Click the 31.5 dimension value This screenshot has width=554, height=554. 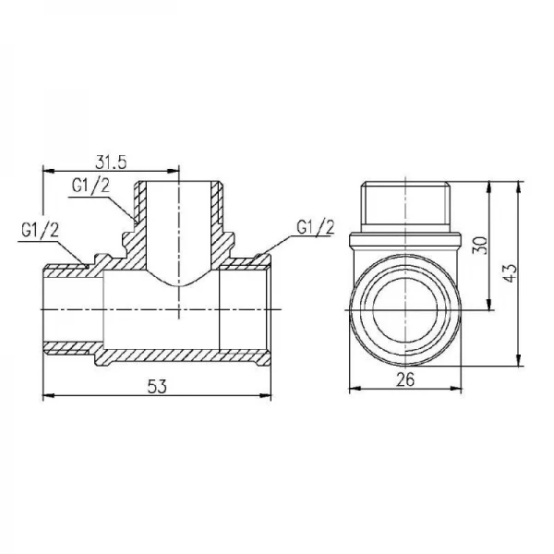[x=111, y=163]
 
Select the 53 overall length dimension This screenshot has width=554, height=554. [x=157, y=387]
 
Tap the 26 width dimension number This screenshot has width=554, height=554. [x=405, y=380]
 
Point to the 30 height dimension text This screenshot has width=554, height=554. [x=480, y=246]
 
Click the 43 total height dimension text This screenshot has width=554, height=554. [x=510, y=272]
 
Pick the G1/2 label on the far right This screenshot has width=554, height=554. [x=316, y=227]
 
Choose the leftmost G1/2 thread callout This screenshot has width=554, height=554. [x=40, y=231]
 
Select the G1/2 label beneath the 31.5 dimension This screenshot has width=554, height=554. [x=90, y=186]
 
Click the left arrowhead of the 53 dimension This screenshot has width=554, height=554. [x=49, y=395]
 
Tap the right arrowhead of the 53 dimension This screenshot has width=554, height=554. [x=265, y=395]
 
